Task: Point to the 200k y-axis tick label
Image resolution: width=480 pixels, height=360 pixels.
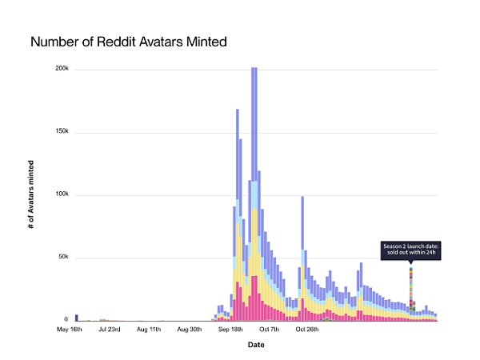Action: (x=61, y=69)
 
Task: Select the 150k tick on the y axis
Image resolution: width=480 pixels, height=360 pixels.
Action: (x=61, y=132)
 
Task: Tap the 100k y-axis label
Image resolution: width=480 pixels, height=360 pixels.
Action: (x=61, y=195)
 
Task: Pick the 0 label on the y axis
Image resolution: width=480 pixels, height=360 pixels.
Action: (x=66, y=319)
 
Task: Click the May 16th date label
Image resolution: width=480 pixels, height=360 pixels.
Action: (x=69, y=329)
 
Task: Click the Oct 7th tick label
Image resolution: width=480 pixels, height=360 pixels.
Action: (x=269, y=329)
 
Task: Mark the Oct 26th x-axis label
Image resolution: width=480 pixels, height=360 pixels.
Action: (x=307, y=329)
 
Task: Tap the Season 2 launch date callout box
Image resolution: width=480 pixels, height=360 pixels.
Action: (x=410, y=250)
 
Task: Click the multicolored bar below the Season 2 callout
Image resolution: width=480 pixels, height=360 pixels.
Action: (x=411, y=292)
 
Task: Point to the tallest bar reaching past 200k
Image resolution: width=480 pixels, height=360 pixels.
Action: (x=254, y=192)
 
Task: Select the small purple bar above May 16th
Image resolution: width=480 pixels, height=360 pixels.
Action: (x=77, y=318)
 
